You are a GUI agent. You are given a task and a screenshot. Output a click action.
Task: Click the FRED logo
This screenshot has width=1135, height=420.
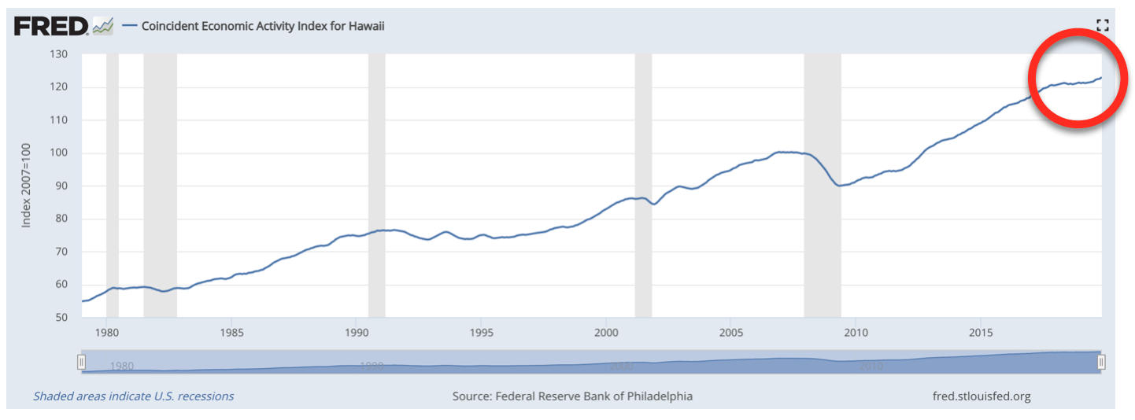(50, 26)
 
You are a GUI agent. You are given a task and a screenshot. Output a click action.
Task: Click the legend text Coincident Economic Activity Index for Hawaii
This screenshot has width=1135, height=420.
(263, 26)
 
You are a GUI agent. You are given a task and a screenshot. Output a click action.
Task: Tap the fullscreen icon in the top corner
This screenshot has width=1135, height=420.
(1102, 25)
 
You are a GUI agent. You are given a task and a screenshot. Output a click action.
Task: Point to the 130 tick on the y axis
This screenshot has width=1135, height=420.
(59, 54)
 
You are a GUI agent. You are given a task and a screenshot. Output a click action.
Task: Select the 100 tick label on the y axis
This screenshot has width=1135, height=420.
(59, 153)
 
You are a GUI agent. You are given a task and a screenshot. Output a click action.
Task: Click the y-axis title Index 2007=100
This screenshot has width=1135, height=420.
(26, 186)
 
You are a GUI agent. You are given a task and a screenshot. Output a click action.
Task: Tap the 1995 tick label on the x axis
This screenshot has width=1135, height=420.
(481, 332)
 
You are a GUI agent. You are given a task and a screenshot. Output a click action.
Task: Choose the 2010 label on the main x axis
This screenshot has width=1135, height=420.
(856, 332)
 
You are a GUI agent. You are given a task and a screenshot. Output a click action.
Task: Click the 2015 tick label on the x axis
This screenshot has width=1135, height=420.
(980, 332)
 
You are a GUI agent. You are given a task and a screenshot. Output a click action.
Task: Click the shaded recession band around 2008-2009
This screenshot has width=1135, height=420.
(822, 236)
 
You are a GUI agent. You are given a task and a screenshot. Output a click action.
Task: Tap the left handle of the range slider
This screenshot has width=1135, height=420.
(81, 362)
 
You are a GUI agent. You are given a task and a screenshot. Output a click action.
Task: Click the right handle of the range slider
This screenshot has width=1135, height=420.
(1101, 362)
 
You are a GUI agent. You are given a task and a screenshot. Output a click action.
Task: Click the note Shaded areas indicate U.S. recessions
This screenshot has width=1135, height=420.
(133, 396)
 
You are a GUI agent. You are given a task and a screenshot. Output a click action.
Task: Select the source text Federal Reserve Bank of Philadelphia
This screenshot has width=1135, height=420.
(572, 396)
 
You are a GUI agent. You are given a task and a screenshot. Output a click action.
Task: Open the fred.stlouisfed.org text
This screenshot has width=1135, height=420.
(980, 396)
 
